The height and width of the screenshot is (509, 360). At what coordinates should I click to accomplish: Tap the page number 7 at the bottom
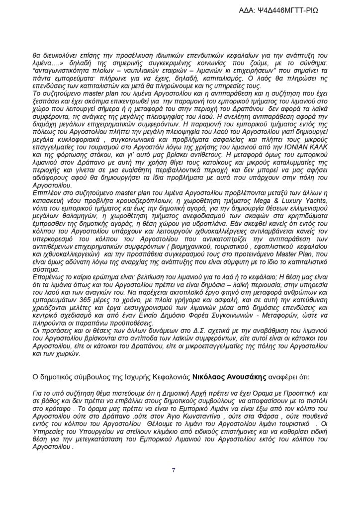pyautogui.click(x=174, y=470)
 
